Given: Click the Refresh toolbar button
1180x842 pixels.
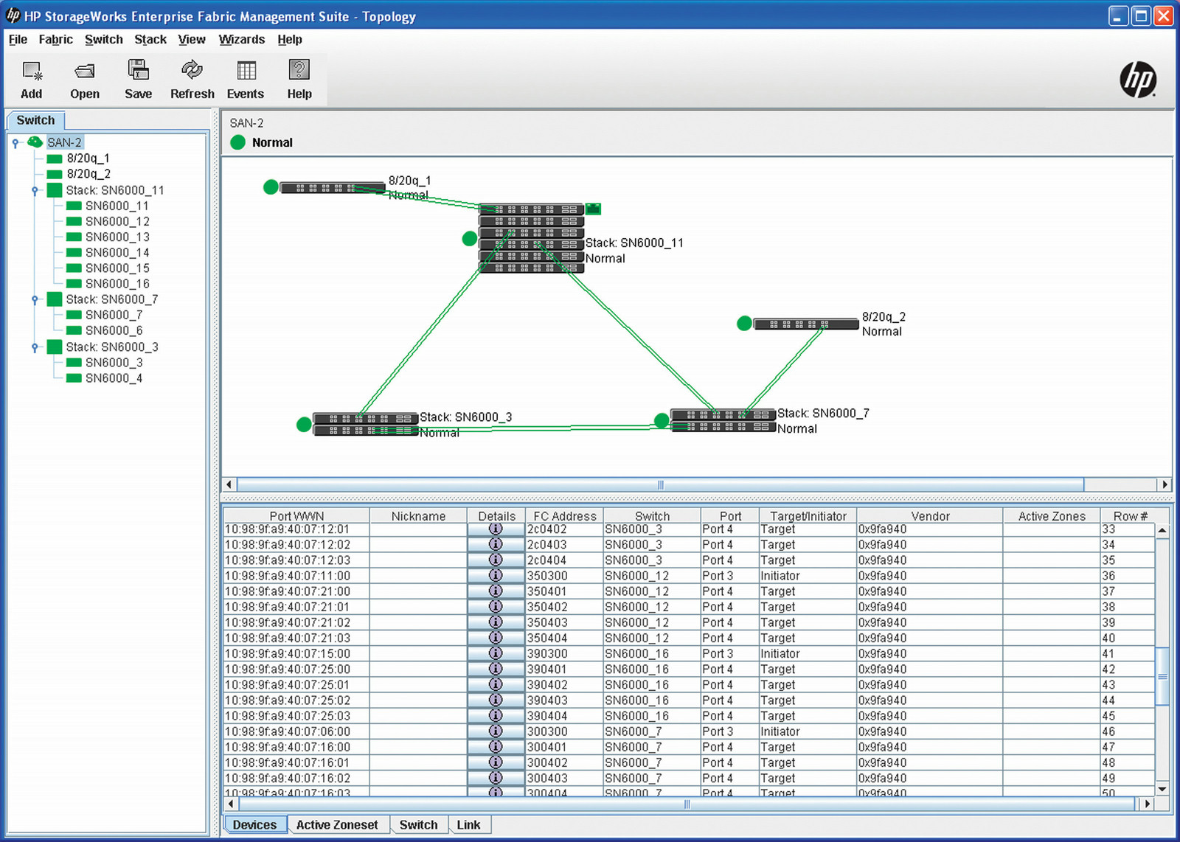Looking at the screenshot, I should (x=192, y=79).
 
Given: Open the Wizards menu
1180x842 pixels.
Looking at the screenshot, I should (x=241, y=40).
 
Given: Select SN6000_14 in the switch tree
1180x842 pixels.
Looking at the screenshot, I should (x=117, y=253).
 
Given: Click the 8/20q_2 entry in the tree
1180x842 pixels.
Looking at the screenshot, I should (x=88, y=174).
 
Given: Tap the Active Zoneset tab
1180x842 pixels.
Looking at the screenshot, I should (x=336, y=825).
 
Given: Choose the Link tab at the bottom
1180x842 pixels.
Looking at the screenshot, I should (x=468, y=825).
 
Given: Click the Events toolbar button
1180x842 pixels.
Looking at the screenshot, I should (x=246, y=79).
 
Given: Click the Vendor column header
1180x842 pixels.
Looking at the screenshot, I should (x=929, y=516).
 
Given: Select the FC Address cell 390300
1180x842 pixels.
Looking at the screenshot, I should (x=547, y=654).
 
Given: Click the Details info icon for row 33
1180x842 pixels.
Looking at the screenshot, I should (x=496, y=529).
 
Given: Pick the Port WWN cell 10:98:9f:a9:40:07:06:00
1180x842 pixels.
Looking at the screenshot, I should (x=288, y=732).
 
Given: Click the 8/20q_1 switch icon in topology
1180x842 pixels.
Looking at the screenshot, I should (x=332, y=188).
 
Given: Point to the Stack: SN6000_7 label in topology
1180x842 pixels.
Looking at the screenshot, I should (x=823, y=414).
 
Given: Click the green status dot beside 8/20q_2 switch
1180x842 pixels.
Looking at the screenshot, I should (x=744, y=324).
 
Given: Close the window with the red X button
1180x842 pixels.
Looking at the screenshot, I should (x=1163, y=16).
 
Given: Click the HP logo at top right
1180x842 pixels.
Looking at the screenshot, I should (x=1138, y=79).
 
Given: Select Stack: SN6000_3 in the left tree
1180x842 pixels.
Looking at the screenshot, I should (x=111, y=347).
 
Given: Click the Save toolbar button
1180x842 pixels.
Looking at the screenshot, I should (x=138, y=79).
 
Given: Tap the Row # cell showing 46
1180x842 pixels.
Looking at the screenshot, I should (x=1108, y=732).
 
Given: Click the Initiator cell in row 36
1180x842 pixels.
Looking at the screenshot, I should (x=780, y=576).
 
